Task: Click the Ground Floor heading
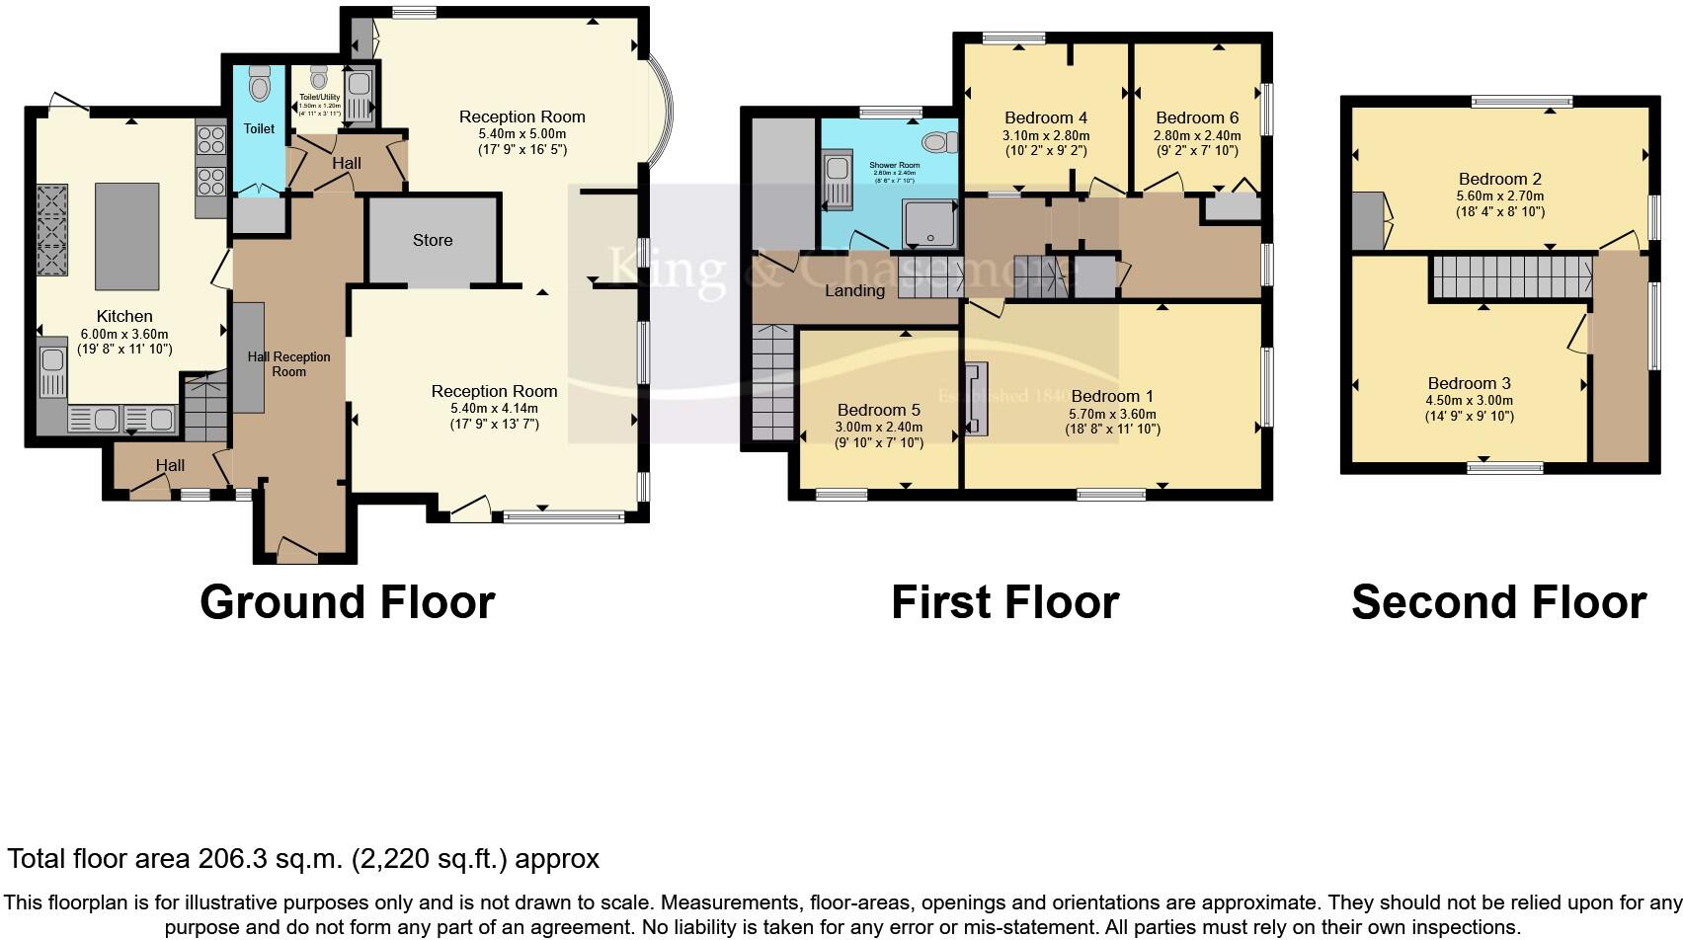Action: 347,602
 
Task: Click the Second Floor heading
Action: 1497,602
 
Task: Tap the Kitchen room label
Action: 124,316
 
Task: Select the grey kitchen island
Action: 126,234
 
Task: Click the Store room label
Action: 433,240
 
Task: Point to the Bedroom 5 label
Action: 878,410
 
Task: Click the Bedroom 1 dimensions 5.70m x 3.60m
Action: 1112,414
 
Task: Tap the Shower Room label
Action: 894,165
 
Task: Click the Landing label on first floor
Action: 854,290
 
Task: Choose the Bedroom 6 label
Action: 1196,117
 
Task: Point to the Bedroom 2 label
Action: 1499,179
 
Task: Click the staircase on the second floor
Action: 1511,275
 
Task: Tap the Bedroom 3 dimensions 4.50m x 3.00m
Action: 1469,401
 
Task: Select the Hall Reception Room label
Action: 288,363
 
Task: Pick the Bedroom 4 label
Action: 1045,117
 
